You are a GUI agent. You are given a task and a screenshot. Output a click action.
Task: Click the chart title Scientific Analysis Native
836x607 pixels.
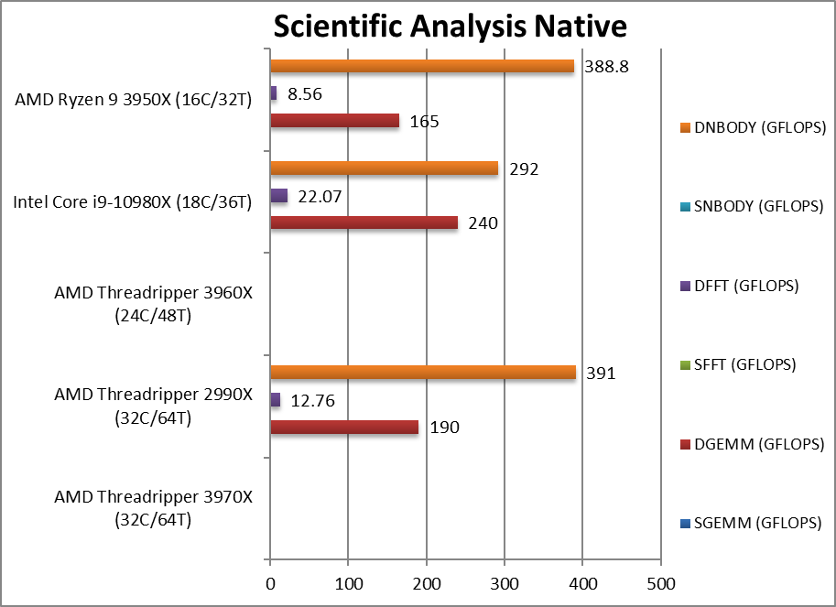(x=450, y=26)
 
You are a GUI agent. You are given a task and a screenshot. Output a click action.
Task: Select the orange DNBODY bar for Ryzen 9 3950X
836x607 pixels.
(x=422, y=66)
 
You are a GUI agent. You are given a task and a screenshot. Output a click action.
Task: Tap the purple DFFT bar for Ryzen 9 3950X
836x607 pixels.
(x=274, y=93)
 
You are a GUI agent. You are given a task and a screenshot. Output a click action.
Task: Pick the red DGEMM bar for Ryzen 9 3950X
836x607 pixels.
(x=335, y=120)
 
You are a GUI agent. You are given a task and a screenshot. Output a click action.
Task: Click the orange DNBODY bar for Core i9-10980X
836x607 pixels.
(x=385, y=168)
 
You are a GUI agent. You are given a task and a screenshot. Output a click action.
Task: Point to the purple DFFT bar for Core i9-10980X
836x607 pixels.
(x=279, y=195)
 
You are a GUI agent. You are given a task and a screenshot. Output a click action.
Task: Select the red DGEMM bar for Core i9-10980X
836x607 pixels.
(x=364, y=222)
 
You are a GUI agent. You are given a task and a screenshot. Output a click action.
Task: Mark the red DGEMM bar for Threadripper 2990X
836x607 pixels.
(x=344, y=427)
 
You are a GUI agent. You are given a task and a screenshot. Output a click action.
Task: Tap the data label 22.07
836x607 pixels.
(x=320, y=196)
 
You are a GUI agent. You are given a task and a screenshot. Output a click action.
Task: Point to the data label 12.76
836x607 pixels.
(x=312, y=400)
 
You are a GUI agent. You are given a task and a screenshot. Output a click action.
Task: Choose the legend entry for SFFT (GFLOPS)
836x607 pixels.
(x=741, y=364)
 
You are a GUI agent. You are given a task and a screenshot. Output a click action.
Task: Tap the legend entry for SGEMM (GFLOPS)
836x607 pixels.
(x=746, y=523)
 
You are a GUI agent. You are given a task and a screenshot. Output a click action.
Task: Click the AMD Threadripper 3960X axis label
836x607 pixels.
(x=153, y=304)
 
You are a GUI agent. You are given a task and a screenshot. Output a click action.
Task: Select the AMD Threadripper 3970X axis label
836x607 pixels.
(x=153, y=508)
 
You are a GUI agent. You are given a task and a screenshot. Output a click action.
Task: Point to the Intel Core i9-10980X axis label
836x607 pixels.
(x=132, y=201)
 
